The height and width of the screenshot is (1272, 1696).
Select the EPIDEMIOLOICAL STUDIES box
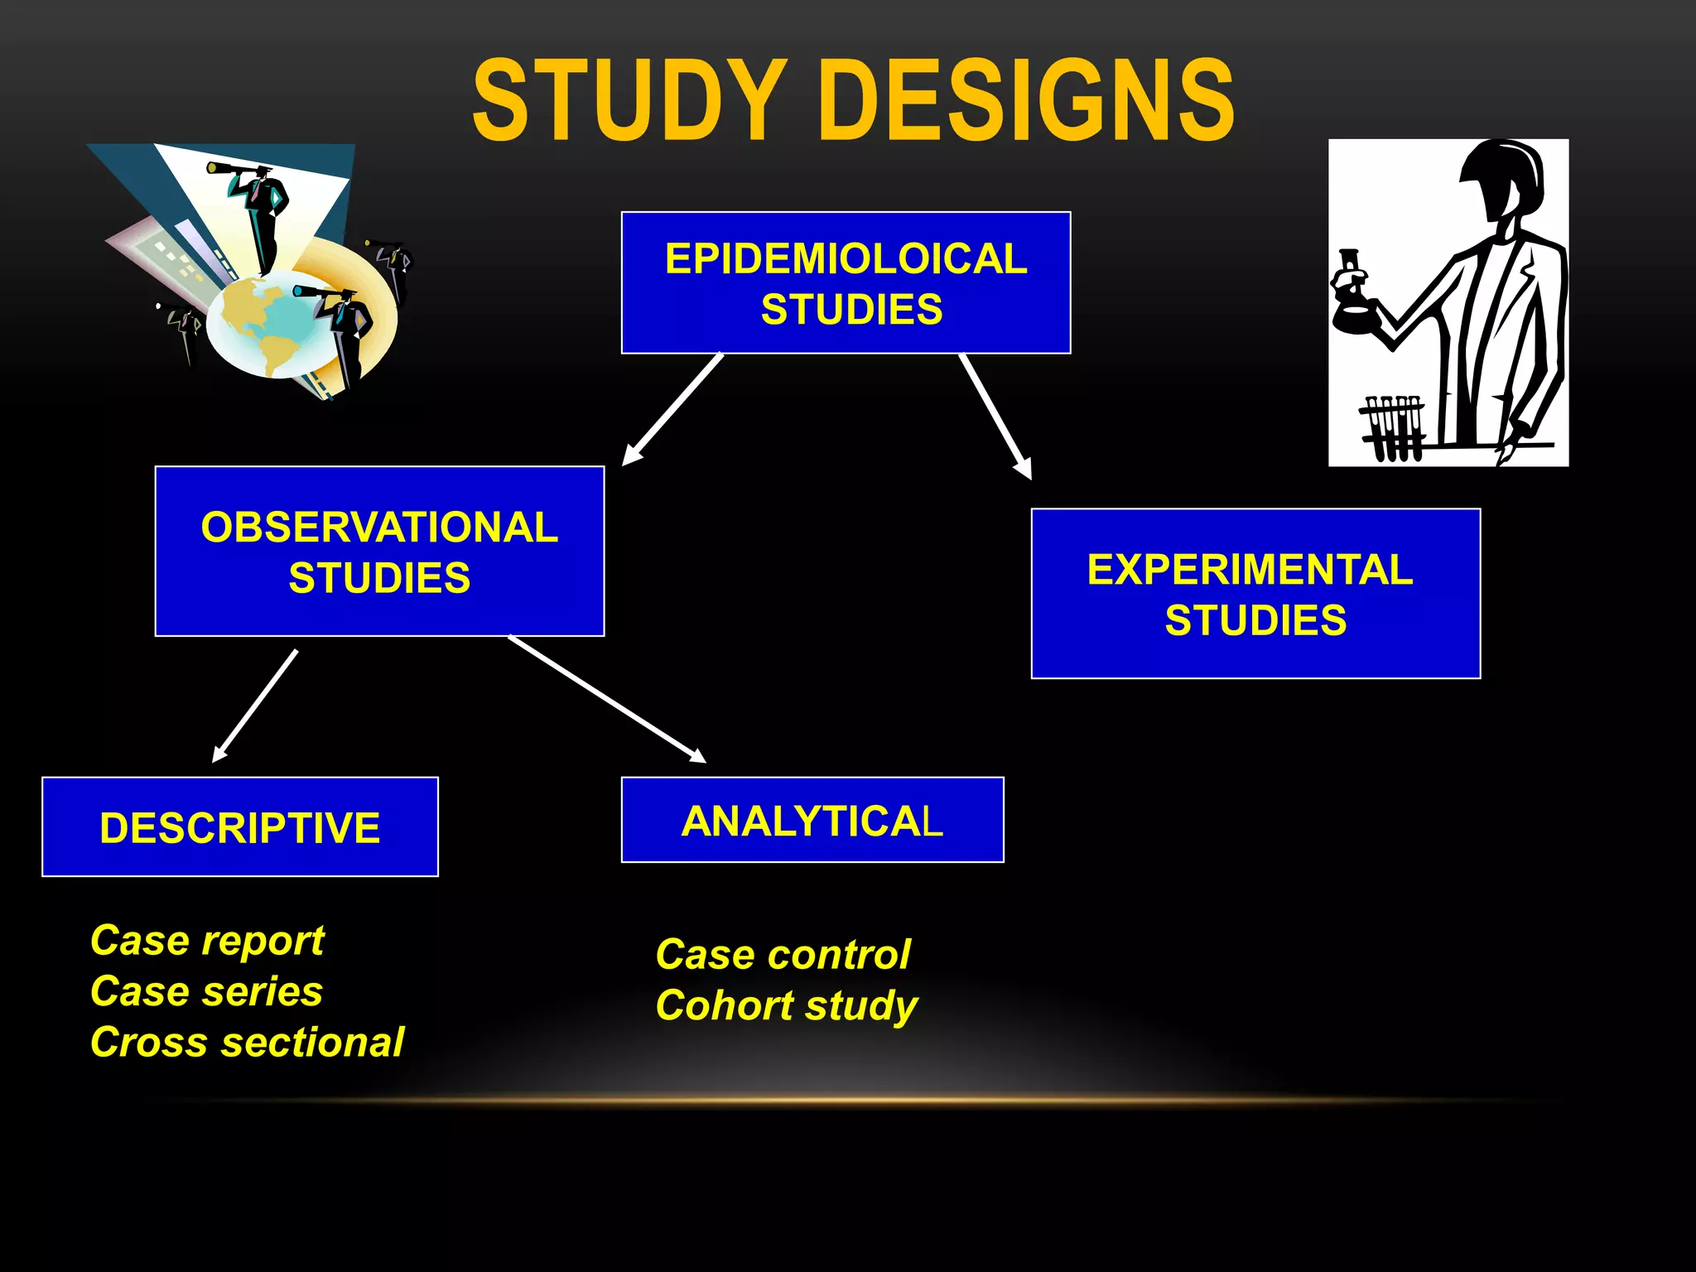pyautogui.click(x=846, y=283)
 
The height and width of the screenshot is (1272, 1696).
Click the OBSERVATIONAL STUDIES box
pyautogui.click(x=379, y=552)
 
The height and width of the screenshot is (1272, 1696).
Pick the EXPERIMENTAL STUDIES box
pyautogui.click(x=1255, y=594)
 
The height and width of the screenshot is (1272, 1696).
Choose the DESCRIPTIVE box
pyautogui.click(x=240, y=826)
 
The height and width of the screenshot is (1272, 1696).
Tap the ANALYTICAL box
pyautogui.click(x=812, y=820)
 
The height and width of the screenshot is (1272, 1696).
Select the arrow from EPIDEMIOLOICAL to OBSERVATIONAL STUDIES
pyautogui.click(x=672, y=410)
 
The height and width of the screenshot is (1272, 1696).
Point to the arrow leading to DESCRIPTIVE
pyautogui.click(x=255, y=706)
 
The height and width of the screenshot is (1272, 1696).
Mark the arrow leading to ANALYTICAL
pyautogui.click(x=607, y=699)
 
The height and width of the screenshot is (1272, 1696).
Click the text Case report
pyautogui.click(x=207, y=941)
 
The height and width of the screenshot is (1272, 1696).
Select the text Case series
pyautogui.click(x=206, y=991)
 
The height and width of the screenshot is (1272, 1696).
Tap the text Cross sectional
pyautogui.click(x=247, y=1042)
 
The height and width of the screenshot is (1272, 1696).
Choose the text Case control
pyautogui.click(x=783, y=955)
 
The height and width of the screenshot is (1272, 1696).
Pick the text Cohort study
pyautogui.click(x=787, y=1005)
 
